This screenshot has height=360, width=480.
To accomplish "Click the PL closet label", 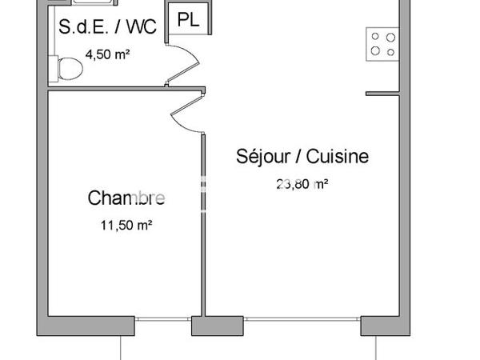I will click(188, 21).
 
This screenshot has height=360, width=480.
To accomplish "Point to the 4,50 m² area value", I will click(108, 55).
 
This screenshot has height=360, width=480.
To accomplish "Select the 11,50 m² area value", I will click(126, 226).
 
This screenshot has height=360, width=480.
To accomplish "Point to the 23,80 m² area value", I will click(302, 183).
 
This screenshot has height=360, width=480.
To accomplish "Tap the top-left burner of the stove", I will click(375, 37).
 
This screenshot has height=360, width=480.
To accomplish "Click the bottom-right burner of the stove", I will click(390, 51).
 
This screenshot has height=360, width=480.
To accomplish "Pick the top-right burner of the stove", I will click(390, 37).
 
